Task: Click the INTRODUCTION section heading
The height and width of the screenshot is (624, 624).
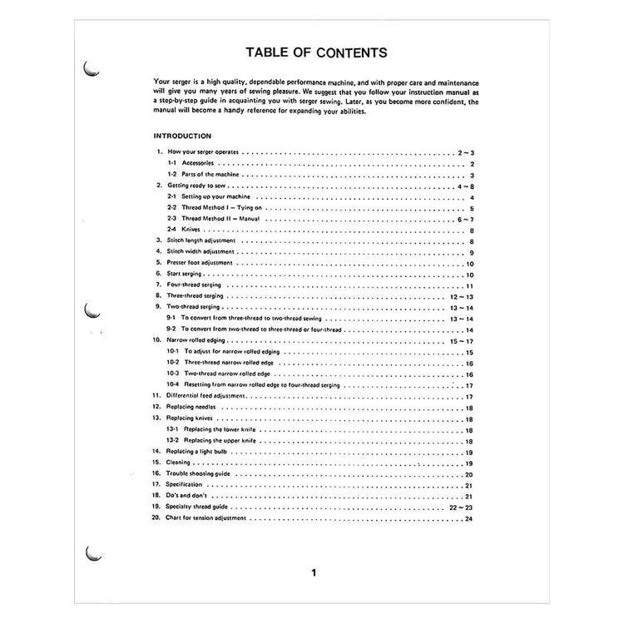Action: [182, 136]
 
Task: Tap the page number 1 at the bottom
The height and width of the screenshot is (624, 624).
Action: [313, 572]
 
